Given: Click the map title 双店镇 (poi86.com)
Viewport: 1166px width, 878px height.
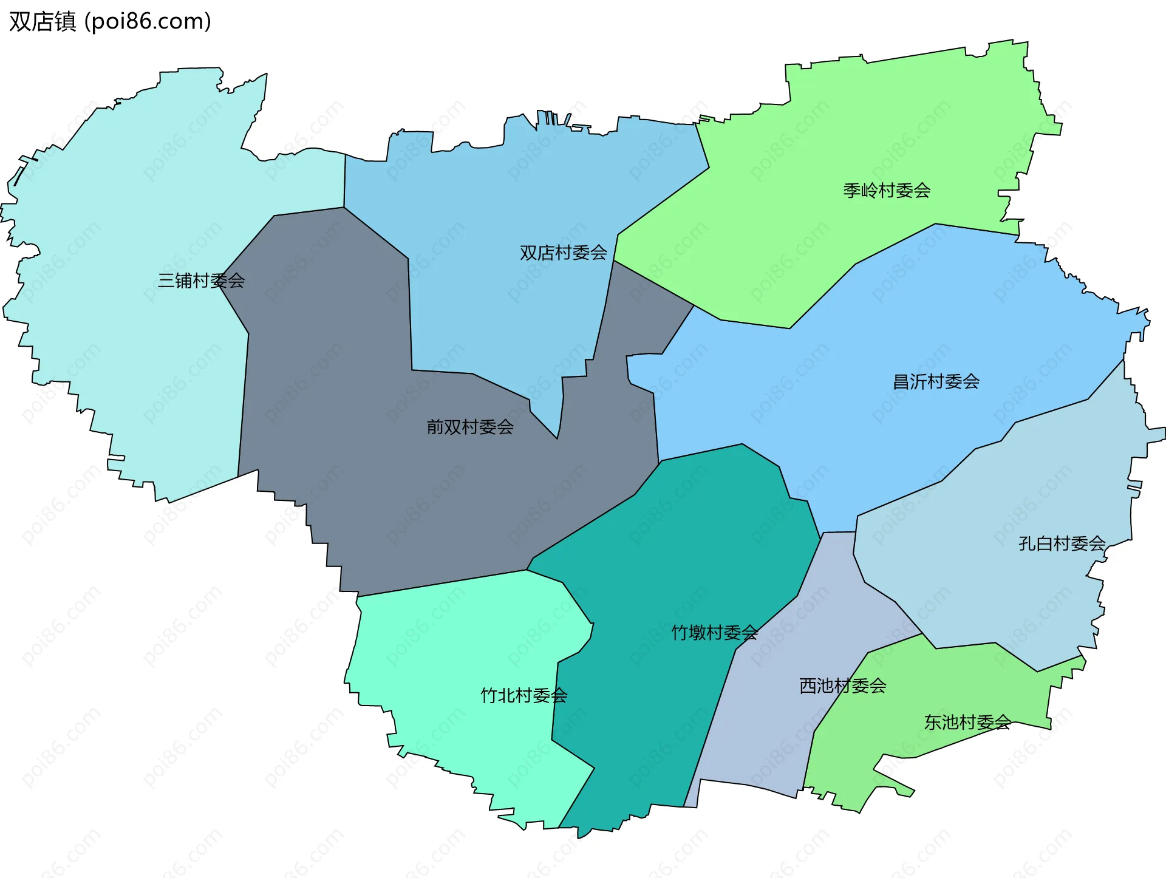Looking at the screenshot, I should click(x=110, y=21).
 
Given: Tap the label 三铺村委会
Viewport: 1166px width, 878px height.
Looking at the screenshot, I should click(x=201, y=281).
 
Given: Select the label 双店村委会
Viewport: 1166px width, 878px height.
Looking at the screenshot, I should click(x=563, y=253).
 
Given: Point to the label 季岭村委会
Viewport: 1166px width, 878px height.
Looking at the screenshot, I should click(x=887, y=191).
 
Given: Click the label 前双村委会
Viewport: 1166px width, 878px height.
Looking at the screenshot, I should click(x=470, y=427).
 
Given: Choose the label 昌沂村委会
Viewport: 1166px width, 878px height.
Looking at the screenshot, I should click(x=936, y=381).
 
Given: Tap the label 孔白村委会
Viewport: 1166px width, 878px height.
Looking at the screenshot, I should click(x=1062, y=543).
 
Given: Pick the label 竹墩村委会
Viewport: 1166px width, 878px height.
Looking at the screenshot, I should click(x=714, y=633).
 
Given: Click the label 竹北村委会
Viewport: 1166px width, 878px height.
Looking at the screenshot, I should click(x=523, y=695).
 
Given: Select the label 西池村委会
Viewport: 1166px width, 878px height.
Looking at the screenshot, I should click(x=842, y=686).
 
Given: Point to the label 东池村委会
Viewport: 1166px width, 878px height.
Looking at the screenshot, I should click(x=967, y=722).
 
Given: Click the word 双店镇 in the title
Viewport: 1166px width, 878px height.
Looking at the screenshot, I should click(x=43, y=21).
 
